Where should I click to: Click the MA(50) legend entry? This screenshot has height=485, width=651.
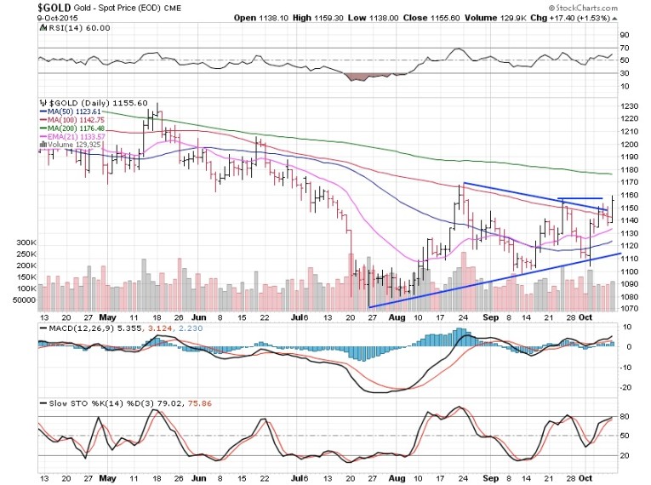[x=77, y=111]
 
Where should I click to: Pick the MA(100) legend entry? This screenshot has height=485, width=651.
[x=79, y=121]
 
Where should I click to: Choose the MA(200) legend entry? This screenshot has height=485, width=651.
[x=79, y=129]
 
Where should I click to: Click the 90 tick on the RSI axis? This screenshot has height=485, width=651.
[x=623, y=35]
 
